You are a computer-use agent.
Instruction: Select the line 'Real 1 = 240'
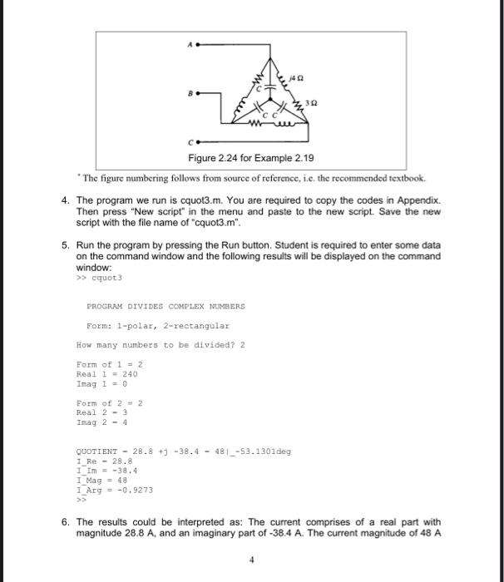click(106, 374)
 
